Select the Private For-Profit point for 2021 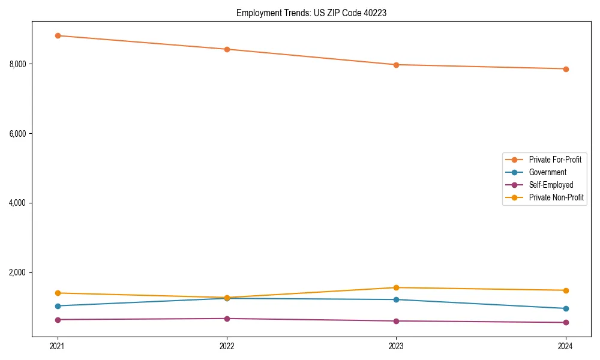pos(58,35)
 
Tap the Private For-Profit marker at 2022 pos(227,49)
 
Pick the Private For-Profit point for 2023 pos(396,65)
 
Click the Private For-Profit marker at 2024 pos(566,69)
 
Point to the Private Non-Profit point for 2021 pos(58,293)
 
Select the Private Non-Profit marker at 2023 pos(396,287)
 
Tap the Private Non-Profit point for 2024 pos(566,290)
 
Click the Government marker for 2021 pos(58,306)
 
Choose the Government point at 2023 pos(396,299)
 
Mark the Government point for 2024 pos(566,308)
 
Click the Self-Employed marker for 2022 pos(227,319)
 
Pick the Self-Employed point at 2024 pos(566,322)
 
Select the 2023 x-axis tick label pos(396,346)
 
